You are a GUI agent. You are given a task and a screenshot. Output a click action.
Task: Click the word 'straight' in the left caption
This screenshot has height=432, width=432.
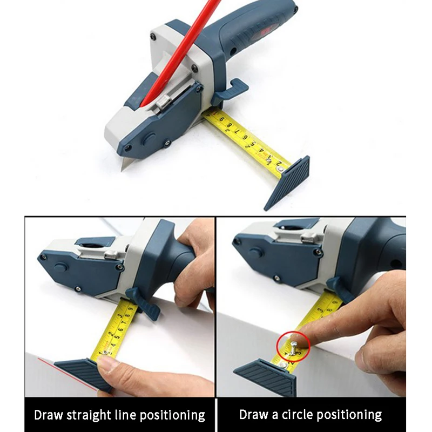(x=91, y=415)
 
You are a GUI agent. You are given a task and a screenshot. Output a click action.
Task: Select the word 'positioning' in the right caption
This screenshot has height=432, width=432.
(x=349, y=415)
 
